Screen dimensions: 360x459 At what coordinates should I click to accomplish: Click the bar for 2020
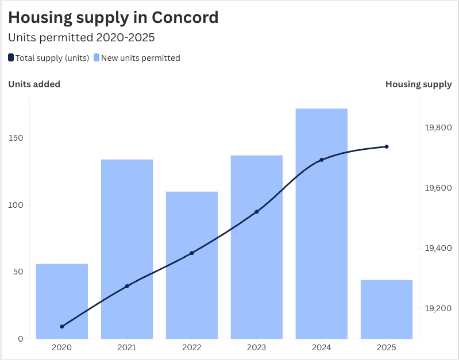(x=62, y=301)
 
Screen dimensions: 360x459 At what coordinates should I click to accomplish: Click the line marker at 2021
(x=127, y=286)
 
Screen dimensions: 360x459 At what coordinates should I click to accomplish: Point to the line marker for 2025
(x=387, y=146)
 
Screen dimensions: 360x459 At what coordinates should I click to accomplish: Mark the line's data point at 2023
(x=257, y=212)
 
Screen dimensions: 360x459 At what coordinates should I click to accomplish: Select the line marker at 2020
(x=62, y=326)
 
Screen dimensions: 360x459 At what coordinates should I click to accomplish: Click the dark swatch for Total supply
(x=11, y=57)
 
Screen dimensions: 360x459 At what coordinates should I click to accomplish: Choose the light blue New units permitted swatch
(x=97, y=57)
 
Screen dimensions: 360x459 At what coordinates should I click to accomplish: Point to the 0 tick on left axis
(x=21, y=339)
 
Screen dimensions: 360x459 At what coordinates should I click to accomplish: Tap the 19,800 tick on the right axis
(x=438, y=127)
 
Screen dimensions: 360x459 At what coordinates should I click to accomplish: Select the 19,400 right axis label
(x=438, y=248)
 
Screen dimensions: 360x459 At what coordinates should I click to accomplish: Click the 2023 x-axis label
(x=257, y=347)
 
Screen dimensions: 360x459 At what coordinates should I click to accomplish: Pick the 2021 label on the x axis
(x=127, y=347)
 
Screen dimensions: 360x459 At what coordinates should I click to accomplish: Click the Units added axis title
(x=34, y=84)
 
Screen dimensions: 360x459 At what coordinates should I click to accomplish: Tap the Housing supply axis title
(x=418, y=84)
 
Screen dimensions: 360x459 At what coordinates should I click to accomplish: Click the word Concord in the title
(x=185, y=17)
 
